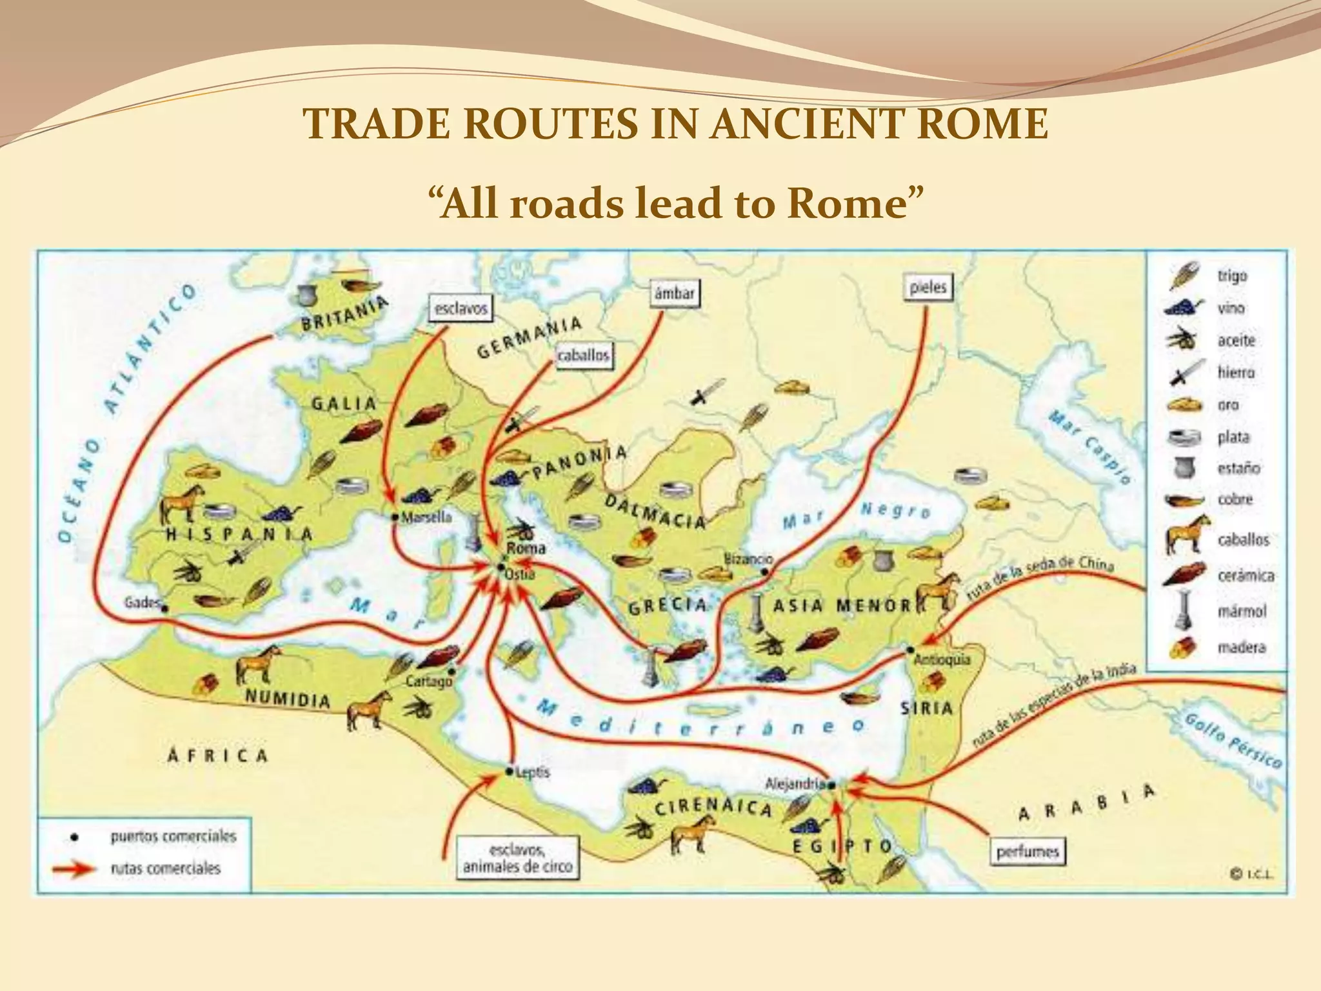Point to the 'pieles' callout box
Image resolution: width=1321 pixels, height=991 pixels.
927,287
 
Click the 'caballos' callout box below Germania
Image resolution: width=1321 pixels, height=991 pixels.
583,356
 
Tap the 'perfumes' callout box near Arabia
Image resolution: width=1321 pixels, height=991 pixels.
1028,852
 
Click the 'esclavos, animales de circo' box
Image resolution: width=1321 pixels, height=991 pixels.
517,857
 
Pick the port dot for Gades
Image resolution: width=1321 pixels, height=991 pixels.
165,608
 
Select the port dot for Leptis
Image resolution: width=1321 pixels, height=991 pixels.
508,771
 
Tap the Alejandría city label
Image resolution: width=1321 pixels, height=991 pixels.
795,784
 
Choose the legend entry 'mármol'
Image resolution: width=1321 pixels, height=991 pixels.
1241,610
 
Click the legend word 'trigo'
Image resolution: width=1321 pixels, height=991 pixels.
1232,275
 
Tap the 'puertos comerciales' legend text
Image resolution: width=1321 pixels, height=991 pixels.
173,837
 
